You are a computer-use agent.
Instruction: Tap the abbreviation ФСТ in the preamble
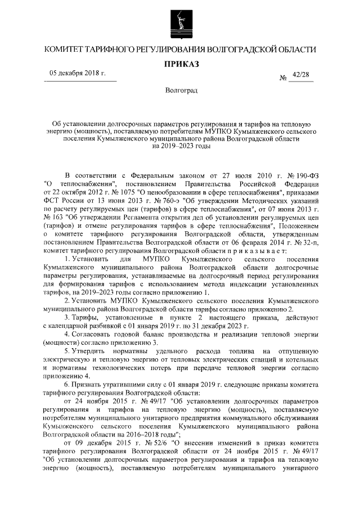coord(52,199)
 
